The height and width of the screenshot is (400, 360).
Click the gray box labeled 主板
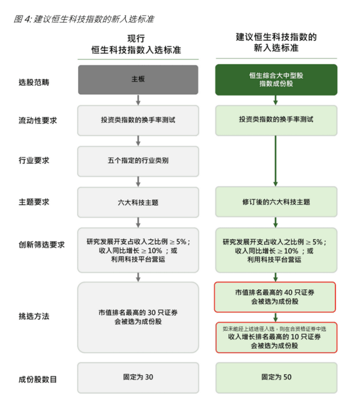(x=138, y=80)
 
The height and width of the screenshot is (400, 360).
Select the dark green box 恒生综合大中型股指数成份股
(x=276, y=80)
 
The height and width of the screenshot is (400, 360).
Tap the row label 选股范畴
(x=34, y=82)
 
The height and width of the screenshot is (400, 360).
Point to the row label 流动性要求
(x=38, y=121)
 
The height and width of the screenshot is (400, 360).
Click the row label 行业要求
(x=34, y=161)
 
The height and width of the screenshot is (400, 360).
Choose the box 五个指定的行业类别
(x=138, y=161)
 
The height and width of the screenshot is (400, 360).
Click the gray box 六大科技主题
(x=138, y=202)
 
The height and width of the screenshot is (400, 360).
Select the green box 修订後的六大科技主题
(x=276, y=201)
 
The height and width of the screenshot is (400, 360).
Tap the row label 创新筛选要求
(x=41, y=245)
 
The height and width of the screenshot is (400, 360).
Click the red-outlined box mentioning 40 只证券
(x=275, y=297)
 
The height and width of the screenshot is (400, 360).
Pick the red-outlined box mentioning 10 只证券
(x=276, y=338)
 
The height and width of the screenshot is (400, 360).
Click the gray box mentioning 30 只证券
(x=138, y=317)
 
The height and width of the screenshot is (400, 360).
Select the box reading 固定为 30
(x=138, y=378)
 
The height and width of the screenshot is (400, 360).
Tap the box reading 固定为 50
(x=276, y=378)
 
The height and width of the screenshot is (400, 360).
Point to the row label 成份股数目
(x=38, y=380)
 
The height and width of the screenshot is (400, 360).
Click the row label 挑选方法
(x=34, y=316)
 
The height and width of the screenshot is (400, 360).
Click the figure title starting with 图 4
(x=84, y=19)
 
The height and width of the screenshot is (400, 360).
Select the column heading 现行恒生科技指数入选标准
(x=136, y=44)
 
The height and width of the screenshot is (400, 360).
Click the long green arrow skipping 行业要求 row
(x=275, y=161)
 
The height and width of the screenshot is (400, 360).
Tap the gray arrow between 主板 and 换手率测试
(x=138, y=100)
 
